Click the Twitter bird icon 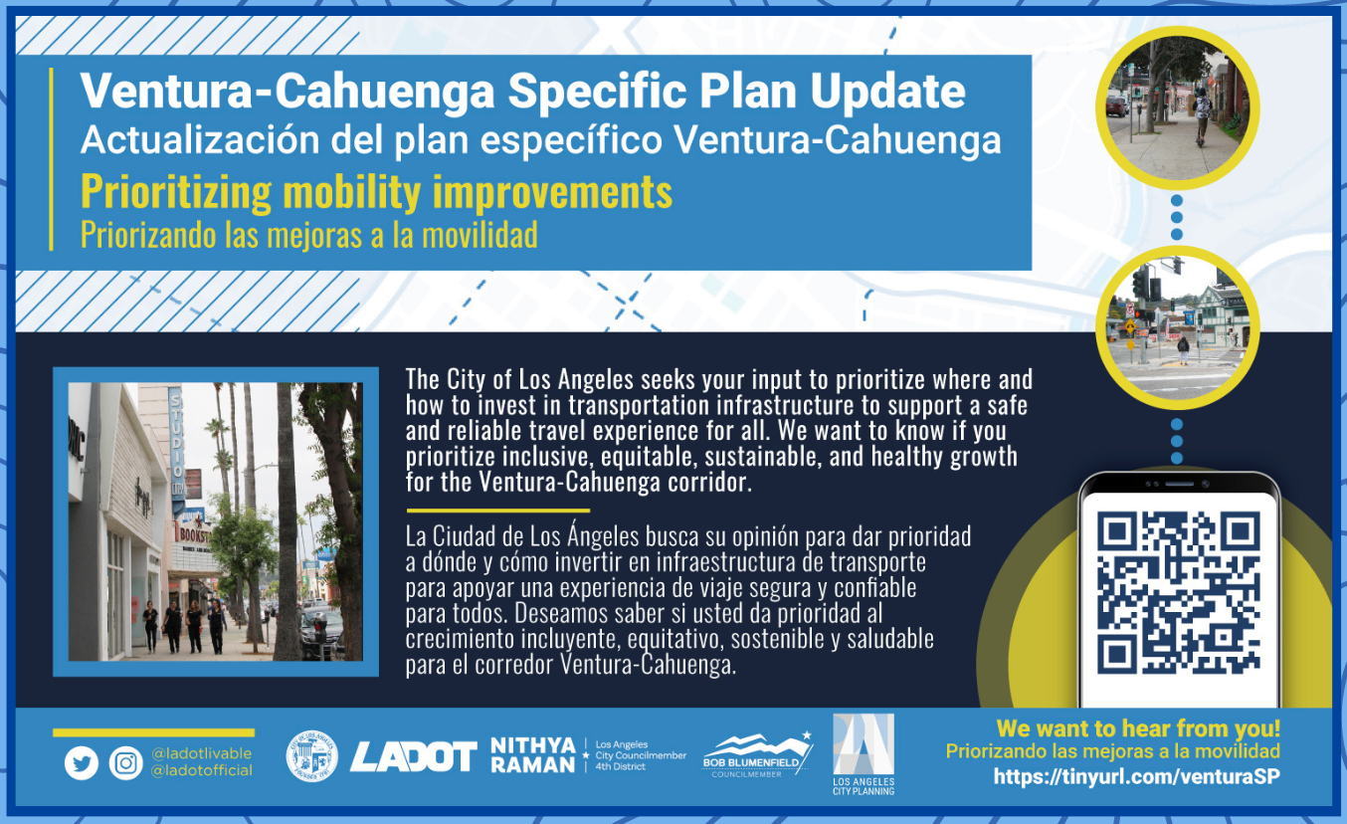click(82, 763)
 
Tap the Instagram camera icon click(125, 763)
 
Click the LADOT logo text click(414, 756)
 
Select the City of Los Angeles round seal click(311, 756)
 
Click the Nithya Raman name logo click(533, 755)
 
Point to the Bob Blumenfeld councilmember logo click(757, 755)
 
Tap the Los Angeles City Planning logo click(864, 754)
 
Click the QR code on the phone click(1178, 592)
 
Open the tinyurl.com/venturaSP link click(1136, 776)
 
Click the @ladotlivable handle click(201, 753)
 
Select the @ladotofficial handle click(201, 770)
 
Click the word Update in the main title click(887, 92)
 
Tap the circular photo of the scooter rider click(1177, 108)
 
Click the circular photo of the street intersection click(1177, 327)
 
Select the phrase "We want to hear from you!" click(1138, 728)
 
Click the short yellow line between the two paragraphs click(497, 511)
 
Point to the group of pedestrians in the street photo click(184, 627)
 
